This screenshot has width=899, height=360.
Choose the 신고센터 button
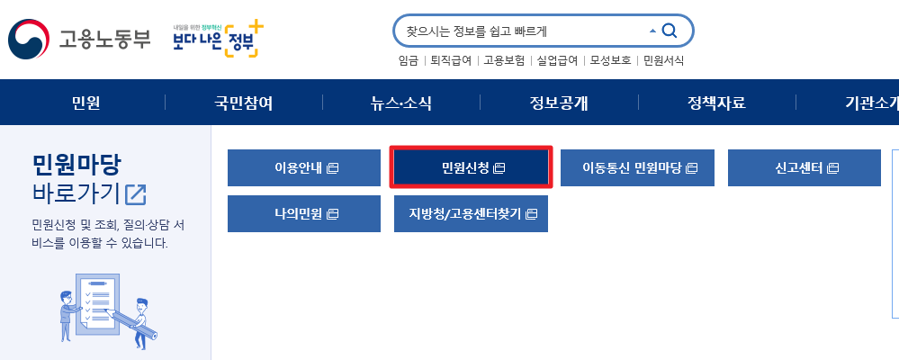[x=804, y=167]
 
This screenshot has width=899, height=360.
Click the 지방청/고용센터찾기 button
[x=472, y=213]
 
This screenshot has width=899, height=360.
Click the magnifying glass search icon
[x=669, y=31]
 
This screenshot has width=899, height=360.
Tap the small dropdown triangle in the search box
[x=652, y=31]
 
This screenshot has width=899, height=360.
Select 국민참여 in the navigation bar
[x=243, y=103]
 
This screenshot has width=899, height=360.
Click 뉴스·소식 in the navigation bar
[x=400, y=103]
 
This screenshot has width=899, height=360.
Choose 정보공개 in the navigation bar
[x=558, y=103]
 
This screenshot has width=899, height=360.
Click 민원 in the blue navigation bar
[x=85, y=103]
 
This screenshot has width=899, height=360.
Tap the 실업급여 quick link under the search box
[x=557, y=61]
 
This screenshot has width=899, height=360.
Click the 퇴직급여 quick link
[x=451, y=61]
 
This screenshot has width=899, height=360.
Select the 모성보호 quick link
[x=610, y=61]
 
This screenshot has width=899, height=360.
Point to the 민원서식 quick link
[x=663, y=61]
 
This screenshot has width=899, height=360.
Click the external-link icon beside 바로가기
[x=136, y=193]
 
